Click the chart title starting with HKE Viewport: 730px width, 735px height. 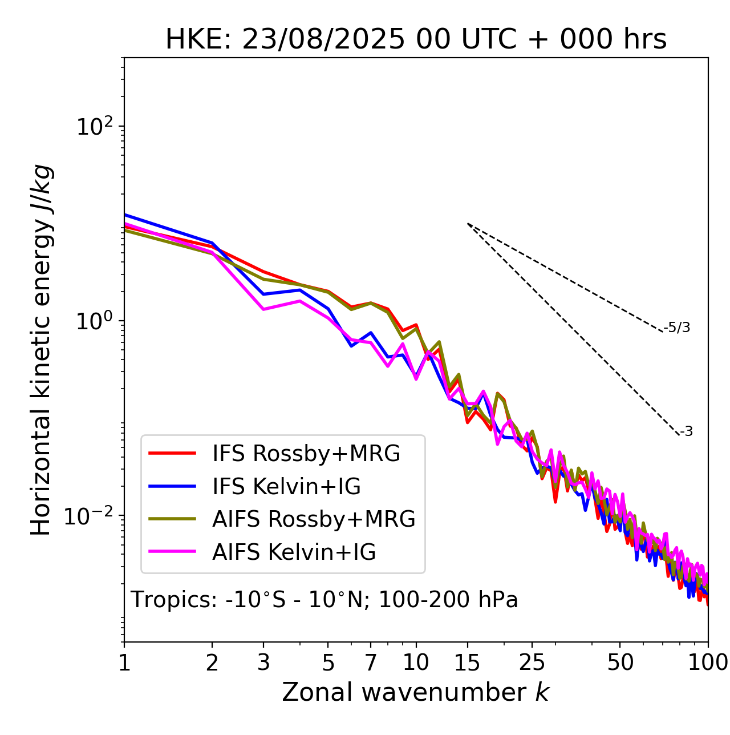coord(416,40)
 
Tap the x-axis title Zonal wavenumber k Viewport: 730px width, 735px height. coord(415,692)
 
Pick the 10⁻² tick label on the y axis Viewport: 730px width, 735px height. coord(91,516)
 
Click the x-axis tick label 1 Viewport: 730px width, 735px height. coord(124,663)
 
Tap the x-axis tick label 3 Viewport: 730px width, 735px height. coord(263,663)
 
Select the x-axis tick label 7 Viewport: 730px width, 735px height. coord(371,663)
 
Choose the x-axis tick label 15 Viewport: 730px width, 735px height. coord(467,663)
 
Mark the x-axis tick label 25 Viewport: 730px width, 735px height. coord(532,663)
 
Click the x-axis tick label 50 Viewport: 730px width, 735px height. coord(620,663)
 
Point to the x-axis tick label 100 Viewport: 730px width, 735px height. coord(708,663)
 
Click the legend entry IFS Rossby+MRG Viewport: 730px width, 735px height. coord(306,454)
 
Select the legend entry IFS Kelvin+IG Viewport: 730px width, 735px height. coord(286,486)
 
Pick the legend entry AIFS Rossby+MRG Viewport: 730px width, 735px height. coord(314,519)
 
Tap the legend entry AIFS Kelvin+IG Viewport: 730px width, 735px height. coord(294,552)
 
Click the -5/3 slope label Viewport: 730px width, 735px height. coord(677,328)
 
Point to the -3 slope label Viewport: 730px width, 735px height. coord(686,432)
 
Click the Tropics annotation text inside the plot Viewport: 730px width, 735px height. coord(324,600)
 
